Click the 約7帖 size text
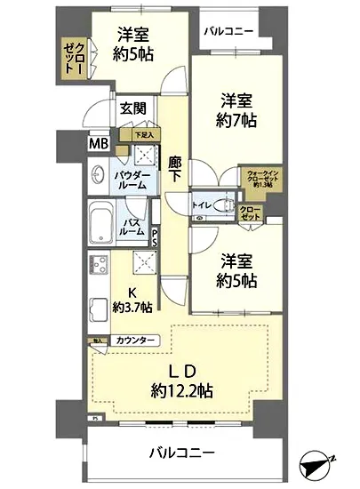pyautogui.click(x=235, y=121)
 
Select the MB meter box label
pyautogui.click(x=97, y=142)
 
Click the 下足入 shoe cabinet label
pyautogui.click(x=143, y=134)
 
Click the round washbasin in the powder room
pyautogui.click(x=100, y=174)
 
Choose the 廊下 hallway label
pyautogui.click(x=175, y=169)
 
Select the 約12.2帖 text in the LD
pyautogui.click(x=181, y=389)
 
